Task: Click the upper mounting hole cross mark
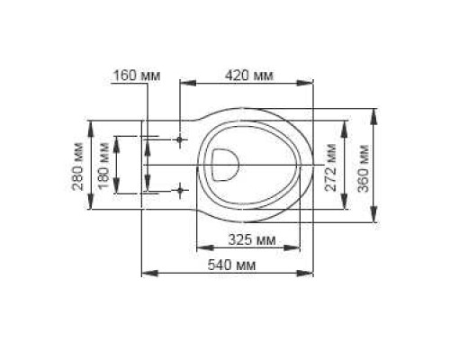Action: [180, 140]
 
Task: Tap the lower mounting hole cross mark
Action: [180, 190]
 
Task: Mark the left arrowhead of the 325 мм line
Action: [200, 247]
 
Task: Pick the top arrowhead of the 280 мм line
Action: [90, 122]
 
